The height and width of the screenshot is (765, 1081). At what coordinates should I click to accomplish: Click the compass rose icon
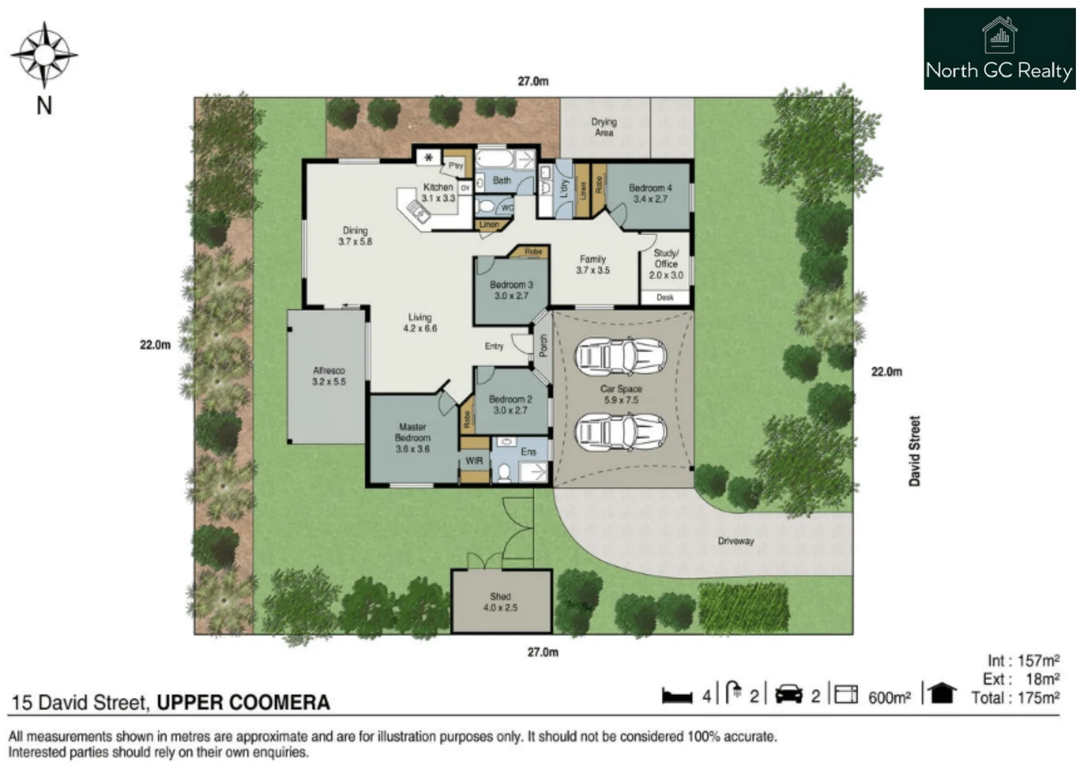pyautogui.click(x=44, y=55)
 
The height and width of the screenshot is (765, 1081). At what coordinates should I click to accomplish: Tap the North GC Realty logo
pyautogui.click(x=999, y=49)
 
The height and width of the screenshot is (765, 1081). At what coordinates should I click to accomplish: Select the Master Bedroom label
pyautogui.click(x=412, y=438)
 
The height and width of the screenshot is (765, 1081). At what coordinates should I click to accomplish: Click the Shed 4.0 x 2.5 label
pyautogui.click(x=501, y=602)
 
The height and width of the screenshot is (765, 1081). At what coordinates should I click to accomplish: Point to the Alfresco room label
pyautogui.click(x=328, y=376)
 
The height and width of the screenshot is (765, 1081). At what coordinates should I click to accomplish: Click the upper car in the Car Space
pyautogui.click(x=621, y=356)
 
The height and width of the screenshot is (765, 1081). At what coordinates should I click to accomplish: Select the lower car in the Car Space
pyautogui.click(x=621, y=431)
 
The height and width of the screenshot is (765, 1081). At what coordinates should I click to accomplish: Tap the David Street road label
pyautogui.click(x=915, y=450)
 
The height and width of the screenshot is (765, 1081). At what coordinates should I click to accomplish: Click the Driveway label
pyautogui.click(x=736, y=541)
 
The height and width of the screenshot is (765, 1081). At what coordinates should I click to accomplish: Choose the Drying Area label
pyautogui.click(x=604, y=127)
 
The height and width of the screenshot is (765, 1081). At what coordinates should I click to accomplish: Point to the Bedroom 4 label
pyautogui.click(x=650, y=193)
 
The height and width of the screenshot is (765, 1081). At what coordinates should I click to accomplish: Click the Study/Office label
pyautogui.click(x=665, y=263)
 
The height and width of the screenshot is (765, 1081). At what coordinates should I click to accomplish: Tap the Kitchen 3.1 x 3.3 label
pyautogui.click(x=438, y=193)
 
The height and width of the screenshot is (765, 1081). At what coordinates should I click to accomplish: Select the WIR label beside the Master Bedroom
pyautogui.click(x=474, y=461)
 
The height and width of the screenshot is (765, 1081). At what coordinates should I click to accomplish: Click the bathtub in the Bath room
pyautogui.click(x=494, y=158)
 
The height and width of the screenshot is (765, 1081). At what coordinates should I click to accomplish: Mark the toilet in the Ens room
pyautogui.click(x=504, y=472)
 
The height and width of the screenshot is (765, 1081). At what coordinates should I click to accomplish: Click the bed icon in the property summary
pyautogui.click(x=677, y=696)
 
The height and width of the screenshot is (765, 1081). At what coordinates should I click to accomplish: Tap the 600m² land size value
pyautogui.click(x=889, y=698)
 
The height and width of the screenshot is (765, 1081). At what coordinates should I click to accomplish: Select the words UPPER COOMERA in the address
pyautogui.click(x=243, y=703)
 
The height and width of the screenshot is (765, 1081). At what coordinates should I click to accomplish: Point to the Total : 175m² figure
pyautogui.click(x=1015, y=698)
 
